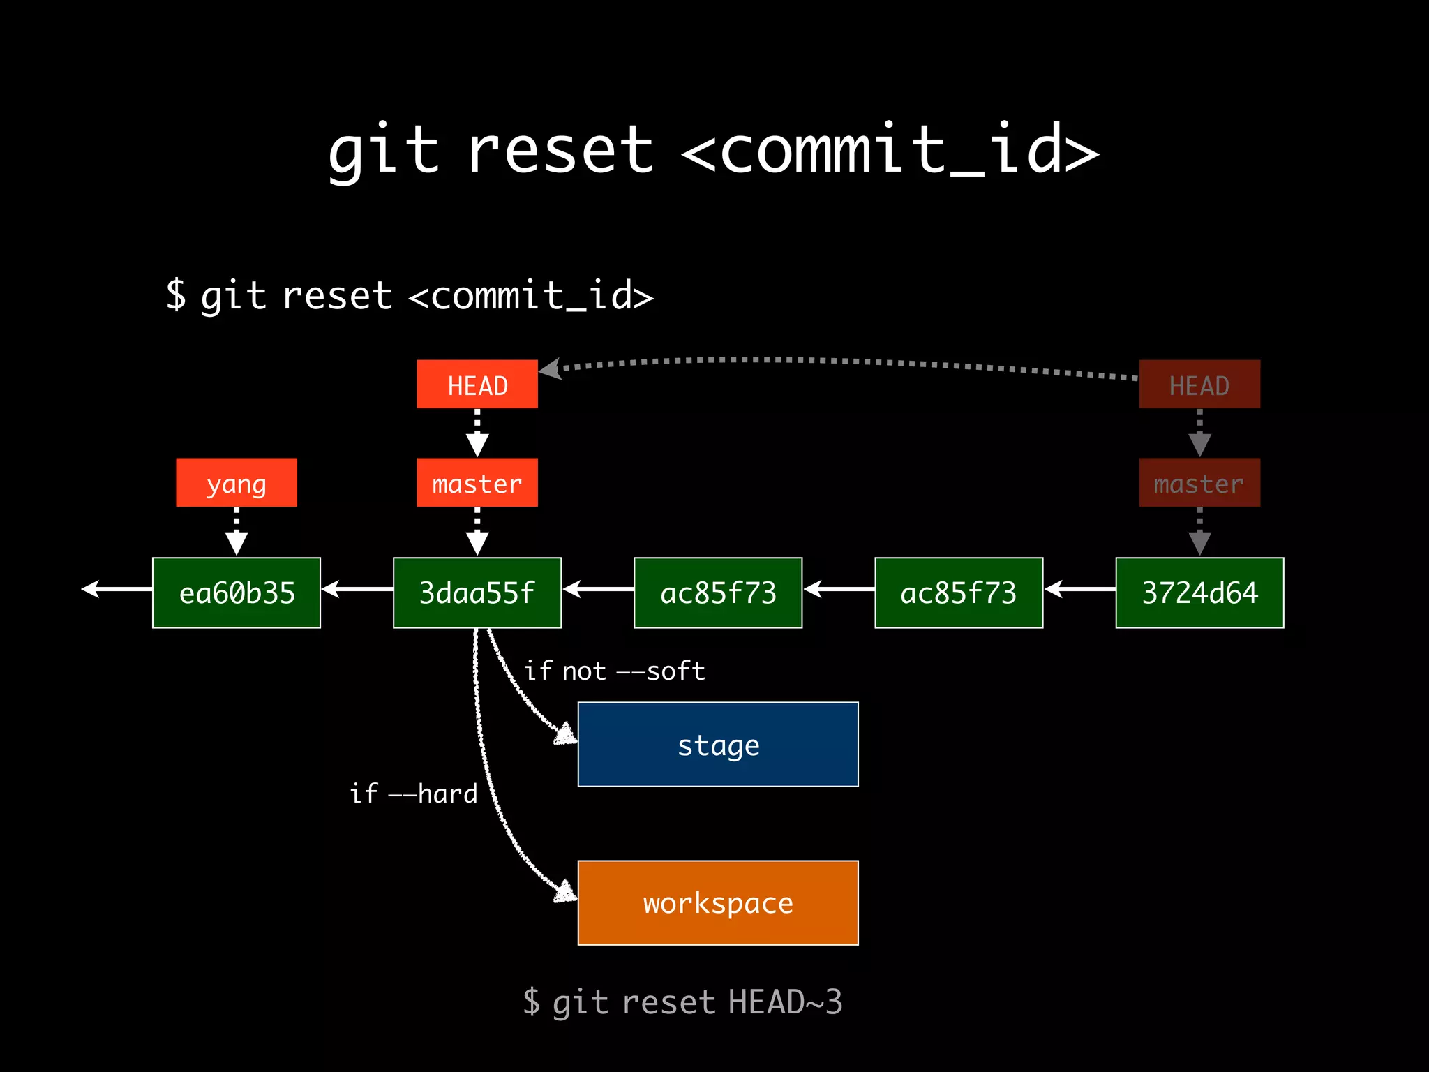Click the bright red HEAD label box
(x=477, y=384)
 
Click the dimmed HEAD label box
(x=1199, y=384)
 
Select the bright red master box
(x=477, y=482)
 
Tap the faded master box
(x=1199, y=482)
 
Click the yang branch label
(x=237, y=482)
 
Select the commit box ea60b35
(x=237, y=593)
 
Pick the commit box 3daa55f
(x=477, y=593)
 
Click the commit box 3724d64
(x=1199, y=593)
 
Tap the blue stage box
(x=718, y=744)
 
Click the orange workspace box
(x=718, y=902)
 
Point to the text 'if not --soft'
(x=614, y=671)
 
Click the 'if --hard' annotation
(x=414, y=794)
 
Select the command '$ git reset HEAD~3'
(x=682, y=1002)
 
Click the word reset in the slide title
(x=560, y=150)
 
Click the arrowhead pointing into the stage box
(x=566, y=734)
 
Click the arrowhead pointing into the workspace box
(x=566, y=892)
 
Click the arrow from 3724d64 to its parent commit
(x=1079, y=590)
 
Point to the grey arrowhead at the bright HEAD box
(x=551, y=368)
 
